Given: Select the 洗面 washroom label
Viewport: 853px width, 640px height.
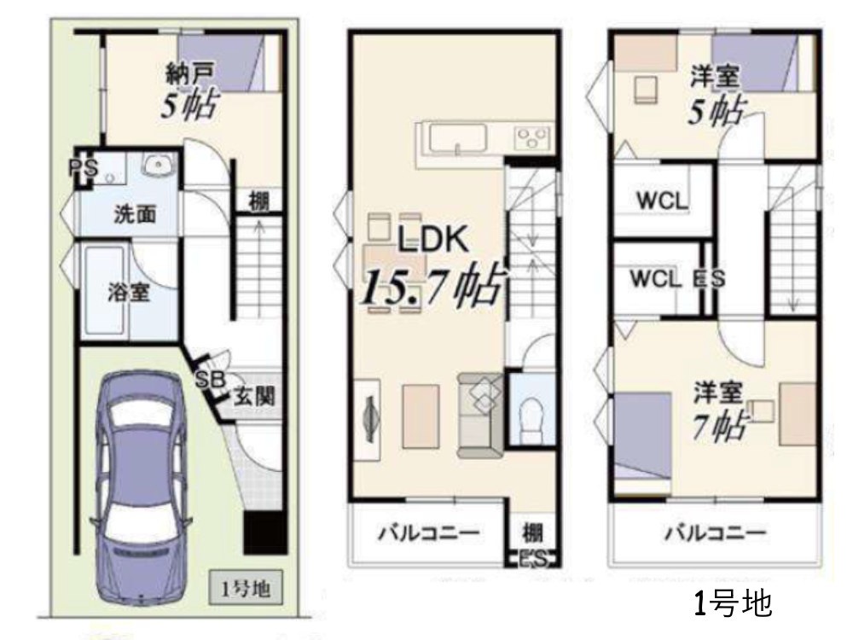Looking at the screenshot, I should pyautogui.click(x=135, y=214).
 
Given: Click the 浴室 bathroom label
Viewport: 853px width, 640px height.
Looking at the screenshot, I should pyautogui.click(x=129, y=293).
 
